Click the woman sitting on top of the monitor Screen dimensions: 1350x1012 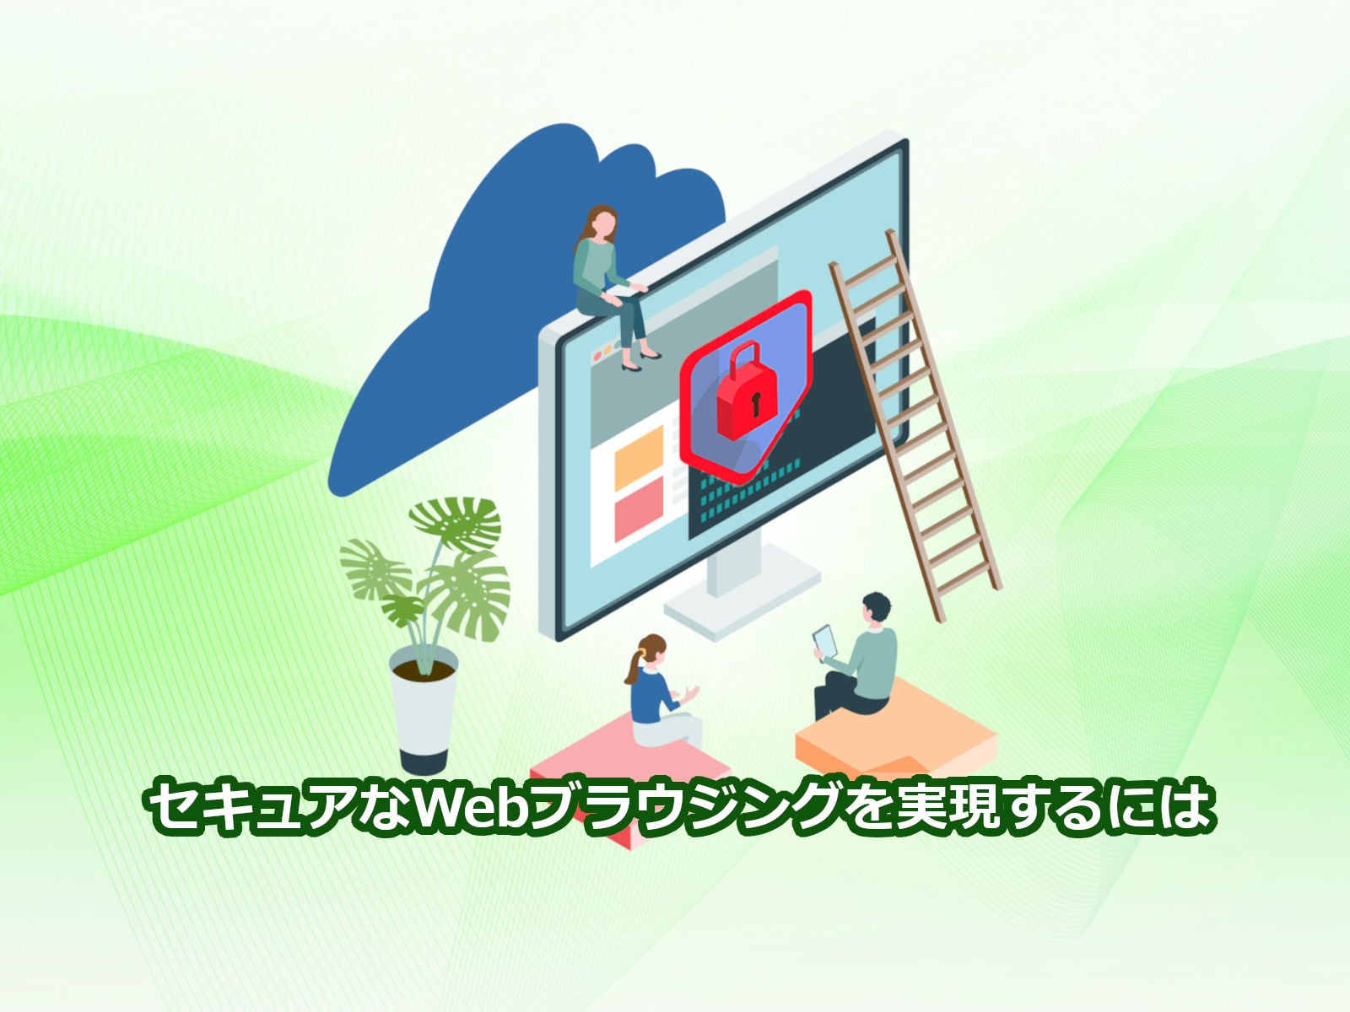click(x=613, y=286)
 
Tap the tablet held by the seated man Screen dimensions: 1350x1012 click(x=825, y=641)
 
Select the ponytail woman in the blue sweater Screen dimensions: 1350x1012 click(x=661, y=691)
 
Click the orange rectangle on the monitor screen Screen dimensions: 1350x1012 click(x=639, y=457)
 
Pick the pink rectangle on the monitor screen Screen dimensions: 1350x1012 click(x=639, y=516)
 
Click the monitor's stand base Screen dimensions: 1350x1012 click(x=742, y=599)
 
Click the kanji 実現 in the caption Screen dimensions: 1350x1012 click(x=949, y=805)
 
